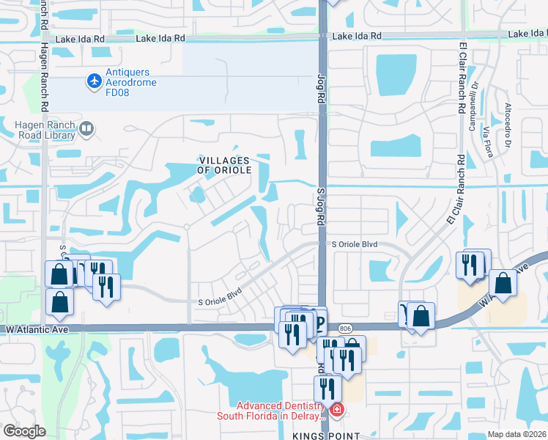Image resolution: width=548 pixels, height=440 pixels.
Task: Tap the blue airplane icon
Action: tap(94, 80)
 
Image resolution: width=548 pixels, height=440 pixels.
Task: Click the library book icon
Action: tap(86, 130)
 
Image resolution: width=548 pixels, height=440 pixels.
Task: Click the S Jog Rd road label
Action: tap(320, 208)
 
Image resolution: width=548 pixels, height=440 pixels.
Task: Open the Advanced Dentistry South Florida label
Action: tap(279, 411)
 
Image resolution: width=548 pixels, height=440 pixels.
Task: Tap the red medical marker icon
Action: tap(336, 409)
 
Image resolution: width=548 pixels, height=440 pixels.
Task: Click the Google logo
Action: tap(24, 431)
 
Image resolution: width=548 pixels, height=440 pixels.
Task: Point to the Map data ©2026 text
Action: tap(516, 434)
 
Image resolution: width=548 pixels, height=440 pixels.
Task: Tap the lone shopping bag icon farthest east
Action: tap(503, 283)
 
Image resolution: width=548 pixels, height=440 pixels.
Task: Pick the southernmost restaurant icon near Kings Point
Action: tap(327, 388)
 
